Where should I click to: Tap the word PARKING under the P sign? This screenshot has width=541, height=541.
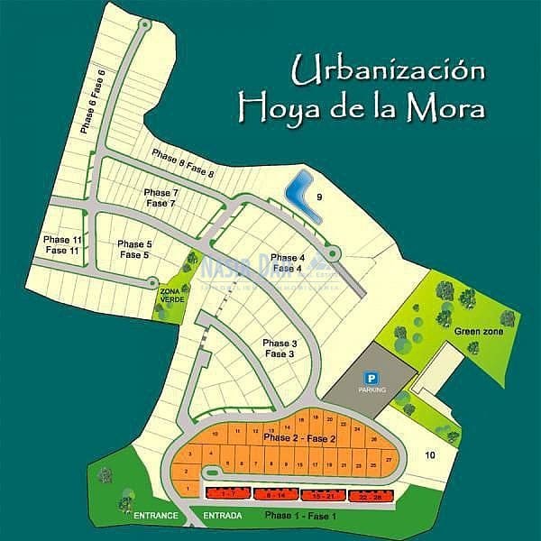coord(371,390)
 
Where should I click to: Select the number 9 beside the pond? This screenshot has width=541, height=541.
coord(319,197)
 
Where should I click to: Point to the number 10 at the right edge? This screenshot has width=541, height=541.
coord(430,454)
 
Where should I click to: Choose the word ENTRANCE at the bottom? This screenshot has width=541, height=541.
coord(155,516)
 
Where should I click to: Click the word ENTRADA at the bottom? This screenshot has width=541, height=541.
coord(223,516)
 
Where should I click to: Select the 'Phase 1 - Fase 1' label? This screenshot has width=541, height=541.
coord(301,516)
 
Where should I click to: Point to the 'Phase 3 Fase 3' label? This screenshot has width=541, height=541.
coord(280,349)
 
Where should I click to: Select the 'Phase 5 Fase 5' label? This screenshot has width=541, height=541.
coord(134,250)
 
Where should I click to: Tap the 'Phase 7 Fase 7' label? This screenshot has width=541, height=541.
coord(161,198)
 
